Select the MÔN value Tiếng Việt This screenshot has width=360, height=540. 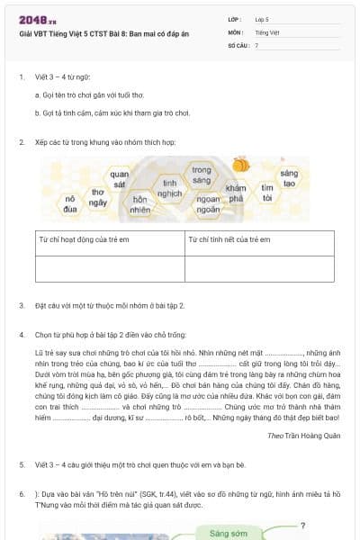pos(265,31)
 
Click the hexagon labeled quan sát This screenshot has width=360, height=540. pos(120,178)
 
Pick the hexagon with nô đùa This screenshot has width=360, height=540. pos(70,203)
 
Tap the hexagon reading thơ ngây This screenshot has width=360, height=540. pos(97,197)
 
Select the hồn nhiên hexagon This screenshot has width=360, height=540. pos(139,204)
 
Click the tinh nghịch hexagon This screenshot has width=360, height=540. pos(169,187)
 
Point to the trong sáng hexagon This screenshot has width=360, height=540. pos(202,175)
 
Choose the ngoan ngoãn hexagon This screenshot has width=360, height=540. pos(208,204)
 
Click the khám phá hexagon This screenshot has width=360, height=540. pos(236,193)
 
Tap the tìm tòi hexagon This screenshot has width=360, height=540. pos(267,193)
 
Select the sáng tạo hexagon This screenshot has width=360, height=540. pos(289,178)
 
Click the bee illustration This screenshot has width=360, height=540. pos(241,166)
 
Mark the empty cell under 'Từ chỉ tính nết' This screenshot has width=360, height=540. pos(258,268)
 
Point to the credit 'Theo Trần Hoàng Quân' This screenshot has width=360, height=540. pos(302,435)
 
